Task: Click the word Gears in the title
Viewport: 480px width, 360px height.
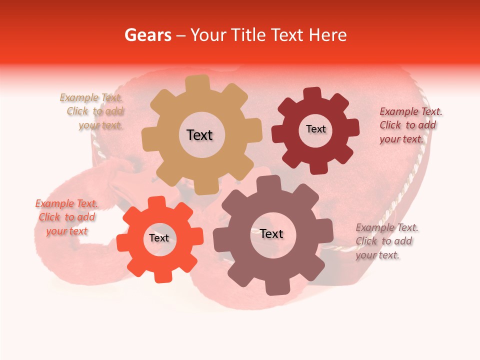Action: point(147,35)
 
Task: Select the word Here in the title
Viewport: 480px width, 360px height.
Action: point(327,35)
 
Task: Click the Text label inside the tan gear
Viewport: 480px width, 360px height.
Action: point(199,135)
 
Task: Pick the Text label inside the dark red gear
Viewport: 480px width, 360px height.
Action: point(315,129)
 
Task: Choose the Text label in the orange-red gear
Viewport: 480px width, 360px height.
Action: point(159,238)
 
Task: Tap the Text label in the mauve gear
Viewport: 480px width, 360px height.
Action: point(271,234)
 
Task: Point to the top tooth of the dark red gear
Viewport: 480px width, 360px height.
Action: point(312,93)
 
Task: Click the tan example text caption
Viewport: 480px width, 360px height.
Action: point(92,111)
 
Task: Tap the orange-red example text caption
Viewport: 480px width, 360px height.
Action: point(66,217)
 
